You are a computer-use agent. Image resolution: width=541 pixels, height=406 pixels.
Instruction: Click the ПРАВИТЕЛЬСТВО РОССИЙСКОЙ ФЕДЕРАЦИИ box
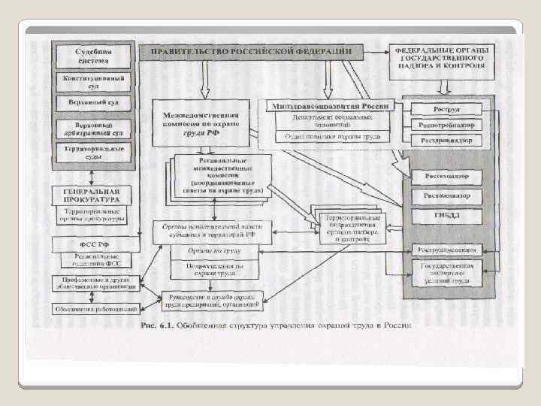click(251, 51)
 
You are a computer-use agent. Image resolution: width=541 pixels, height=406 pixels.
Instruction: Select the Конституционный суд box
click(92, 81)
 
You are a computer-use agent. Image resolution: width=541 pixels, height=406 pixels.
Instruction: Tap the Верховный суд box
click(92, 102)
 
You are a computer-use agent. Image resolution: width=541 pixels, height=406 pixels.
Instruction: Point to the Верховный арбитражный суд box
click(92, 128)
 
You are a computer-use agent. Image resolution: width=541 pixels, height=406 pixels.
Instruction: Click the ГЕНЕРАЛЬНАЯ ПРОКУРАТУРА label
click(92, 197)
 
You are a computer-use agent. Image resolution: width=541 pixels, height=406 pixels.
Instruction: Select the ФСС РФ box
click(92, 244)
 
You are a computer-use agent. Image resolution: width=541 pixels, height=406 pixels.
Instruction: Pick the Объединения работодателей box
click(95, 309)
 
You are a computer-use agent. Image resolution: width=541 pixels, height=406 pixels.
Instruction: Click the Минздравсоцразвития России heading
click(331, 107)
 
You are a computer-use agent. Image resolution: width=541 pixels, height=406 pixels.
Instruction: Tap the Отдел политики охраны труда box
click(331, 137)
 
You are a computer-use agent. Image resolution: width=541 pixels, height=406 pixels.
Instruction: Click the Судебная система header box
click(92, 55)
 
